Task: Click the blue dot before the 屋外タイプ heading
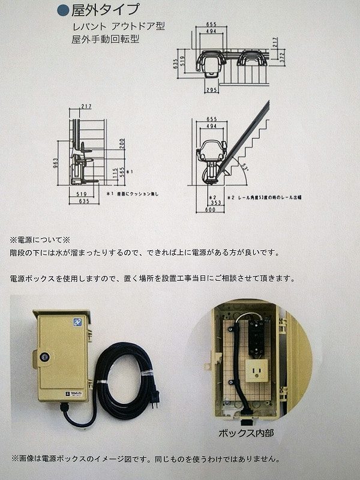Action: (x=62, y=10)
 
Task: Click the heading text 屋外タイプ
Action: (x=106, y=10)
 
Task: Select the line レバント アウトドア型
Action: (x=118, y=27)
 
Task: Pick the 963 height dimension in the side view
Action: (x=55, y=163)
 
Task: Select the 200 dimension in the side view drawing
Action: (x=122, y=144)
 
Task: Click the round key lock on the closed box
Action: (x=44, y=356)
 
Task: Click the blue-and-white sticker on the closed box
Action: (x=77, y=322)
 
